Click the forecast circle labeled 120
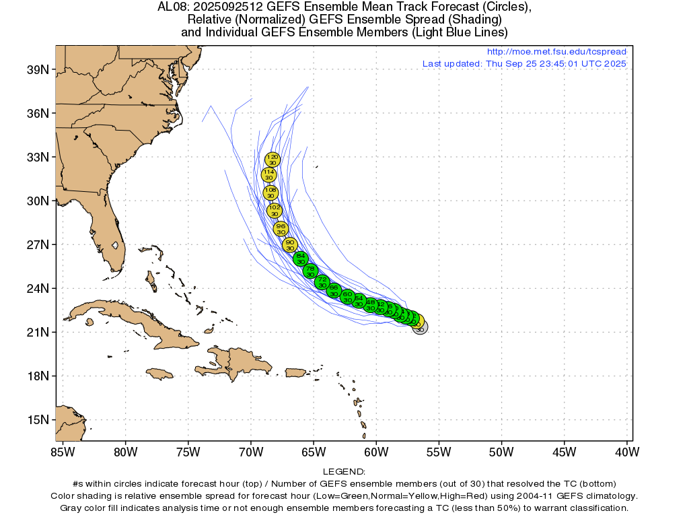tap(273, 160)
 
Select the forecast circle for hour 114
tap(269, 175)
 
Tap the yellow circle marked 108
tap(270, 193)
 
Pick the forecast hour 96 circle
tap(281, 229)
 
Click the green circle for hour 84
tap(301, 258)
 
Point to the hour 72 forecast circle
tap(322, 282)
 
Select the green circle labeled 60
tap(347, 297)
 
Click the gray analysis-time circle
tap(420, 328)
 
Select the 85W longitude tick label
tap(63, 451)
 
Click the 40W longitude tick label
tap(626, 451)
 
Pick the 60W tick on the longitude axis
tap(376, 451)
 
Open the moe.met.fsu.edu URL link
tap(556, 52)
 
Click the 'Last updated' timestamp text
tap(524, 64)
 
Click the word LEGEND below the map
tap(344, 472)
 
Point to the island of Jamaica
tap(159, 373)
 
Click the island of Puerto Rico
tap(296, 372)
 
